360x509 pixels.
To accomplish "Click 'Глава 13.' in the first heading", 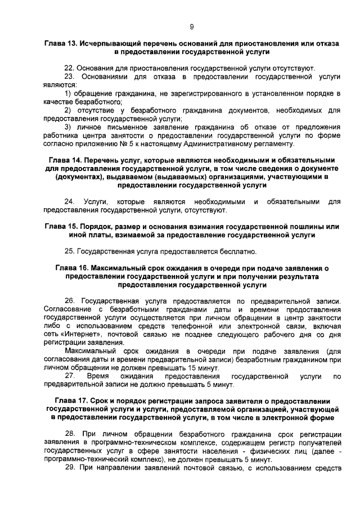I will coord(60,43).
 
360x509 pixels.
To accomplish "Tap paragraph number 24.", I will coord(70,202).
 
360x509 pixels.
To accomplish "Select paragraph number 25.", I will coord(69,251).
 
